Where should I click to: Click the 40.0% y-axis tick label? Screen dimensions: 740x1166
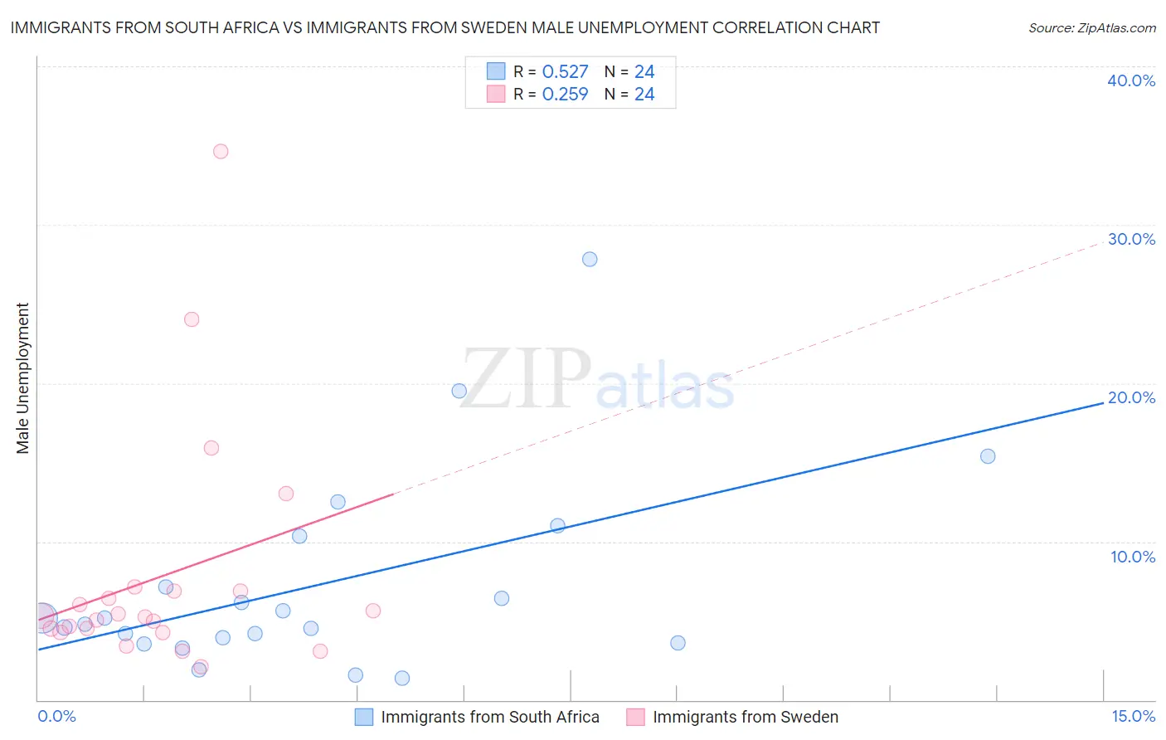pos(1130,80)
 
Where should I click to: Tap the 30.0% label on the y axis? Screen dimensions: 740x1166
pos(1130,239)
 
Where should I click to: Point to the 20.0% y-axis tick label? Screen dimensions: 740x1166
pos(1130,397)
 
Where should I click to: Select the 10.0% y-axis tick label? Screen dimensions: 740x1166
pos(1132,557)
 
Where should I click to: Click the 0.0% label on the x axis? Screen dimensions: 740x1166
pos(56,716)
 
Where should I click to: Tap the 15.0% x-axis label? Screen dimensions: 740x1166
pos(1133,716)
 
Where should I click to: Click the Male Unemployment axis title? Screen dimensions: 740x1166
pos(22,378)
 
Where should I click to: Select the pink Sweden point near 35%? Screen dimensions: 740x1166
pos(221,151)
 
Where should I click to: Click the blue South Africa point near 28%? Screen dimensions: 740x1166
pos(590,259)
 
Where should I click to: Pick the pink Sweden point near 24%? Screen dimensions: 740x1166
pos(192,319)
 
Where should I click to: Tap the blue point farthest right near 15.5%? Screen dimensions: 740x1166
pos(988,456)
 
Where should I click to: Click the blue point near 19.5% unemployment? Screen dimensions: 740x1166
pos(459,391)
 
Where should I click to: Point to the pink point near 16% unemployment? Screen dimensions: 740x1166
pos(211,448)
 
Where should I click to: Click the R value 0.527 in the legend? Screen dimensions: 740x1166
pos(565,72)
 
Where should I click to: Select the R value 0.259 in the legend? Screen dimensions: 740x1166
pos(565,95)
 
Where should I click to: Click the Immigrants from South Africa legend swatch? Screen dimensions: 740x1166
pos(364,717)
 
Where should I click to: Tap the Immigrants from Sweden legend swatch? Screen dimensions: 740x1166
pos(635,717)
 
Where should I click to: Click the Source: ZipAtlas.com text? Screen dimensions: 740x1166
pos(1091,28)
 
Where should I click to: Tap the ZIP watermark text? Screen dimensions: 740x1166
pos(526,379)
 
